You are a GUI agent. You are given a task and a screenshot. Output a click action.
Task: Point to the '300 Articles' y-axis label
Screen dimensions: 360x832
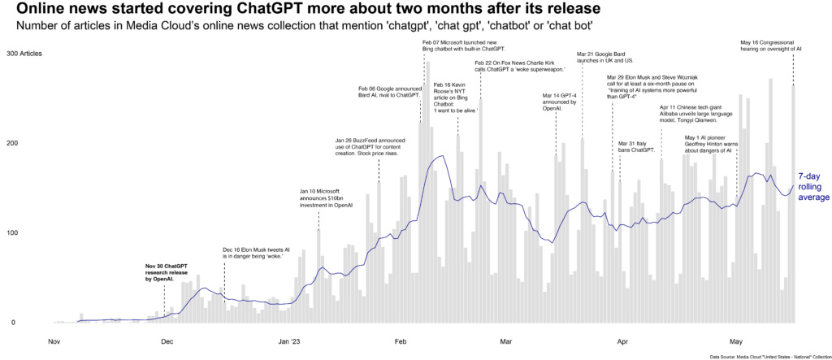tap(24, 54)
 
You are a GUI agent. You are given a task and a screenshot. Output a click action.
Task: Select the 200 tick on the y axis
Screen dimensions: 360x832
tap(11, 143)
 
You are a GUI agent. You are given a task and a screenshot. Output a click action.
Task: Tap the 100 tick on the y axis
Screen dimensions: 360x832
tap(11, 233)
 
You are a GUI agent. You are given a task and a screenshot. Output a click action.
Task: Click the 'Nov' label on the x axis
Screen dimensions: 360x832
tap(54, 341)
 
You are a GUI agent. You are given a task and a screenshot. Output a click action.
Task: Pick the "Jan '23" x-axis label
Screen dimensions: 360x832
tap(289, 341)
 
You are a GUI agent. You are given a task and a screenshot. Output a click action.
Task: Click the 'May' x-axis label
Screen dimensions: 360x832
tap(737, 341)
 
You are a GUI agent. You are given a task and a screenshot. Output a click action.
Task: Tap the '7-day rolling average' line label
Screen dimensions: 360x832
tap(812, 186)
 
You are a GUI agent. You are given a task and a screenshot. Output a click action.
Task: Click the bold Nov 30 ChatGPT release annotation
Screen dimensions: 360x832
tap(166, 272)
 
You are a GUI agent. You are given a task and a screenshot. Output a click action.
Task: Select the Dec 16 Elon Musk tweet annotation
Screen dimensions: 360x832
tap(256, 253)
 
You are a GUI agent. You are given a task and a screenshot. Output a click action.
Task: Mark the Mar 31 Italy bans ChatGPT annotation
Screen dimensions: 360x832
tap(636, 146)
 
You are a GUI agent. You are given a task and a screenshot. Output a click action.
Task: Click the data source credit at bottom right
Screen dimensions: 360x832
tap(768, 356)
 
